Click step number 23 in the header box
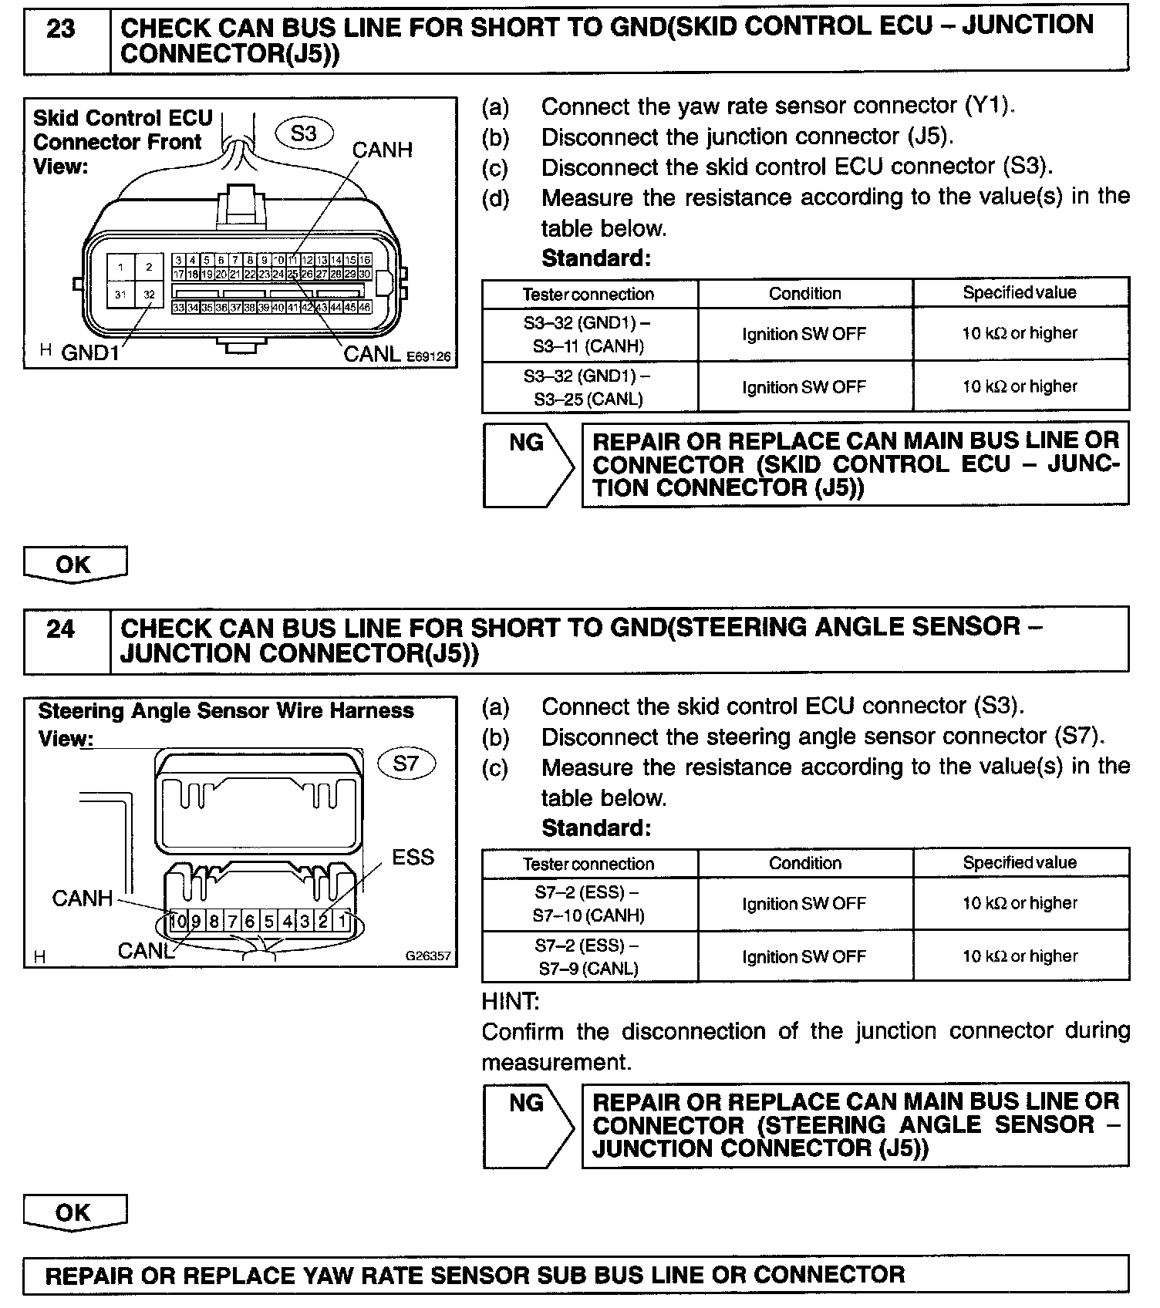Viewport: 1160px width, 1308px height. click(x=62, y=29)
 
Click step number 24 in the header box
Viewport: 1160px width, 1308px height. click(x=62, y=629)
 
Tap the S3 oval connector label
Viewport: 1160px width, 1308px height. click(x=304, y=133)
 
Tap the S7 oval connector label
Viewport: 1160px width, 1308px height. click(x=406, y=764)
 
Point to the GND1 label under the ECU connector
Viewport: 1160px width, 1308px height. click(x=92, y=353)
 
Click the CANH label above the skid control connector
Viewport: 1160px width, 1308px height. click(x=382, y=150)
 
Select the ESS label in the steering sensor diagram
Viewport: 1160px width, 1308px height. click(x=413, y=858)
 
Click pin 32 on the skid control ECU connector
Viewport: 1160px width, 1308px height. click(x=149, y=295)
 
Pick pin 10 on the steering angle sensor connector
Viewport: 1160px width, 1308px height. click(x=178, y=921)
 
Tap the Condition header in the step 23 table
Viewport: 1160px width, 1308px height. click(x=804, y=293)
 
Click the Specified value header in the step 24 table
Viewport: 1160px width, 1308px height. click(x=1020, y=863)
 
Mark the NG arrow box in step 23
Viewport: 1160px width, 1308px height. click(x=528, y=464)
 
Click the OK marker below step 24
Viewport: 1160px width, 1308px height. click(x=74, y=1212)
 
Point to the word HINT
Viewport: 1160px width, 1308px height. click(x=511, y=1002)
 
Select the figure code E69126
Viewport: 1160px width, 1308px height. click(x=428, y=356)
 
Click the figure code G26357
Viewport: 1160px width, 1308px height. click(x=428, y=956)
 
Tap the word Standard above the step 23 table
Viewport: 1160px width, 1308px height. click(x=596, y=258)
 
